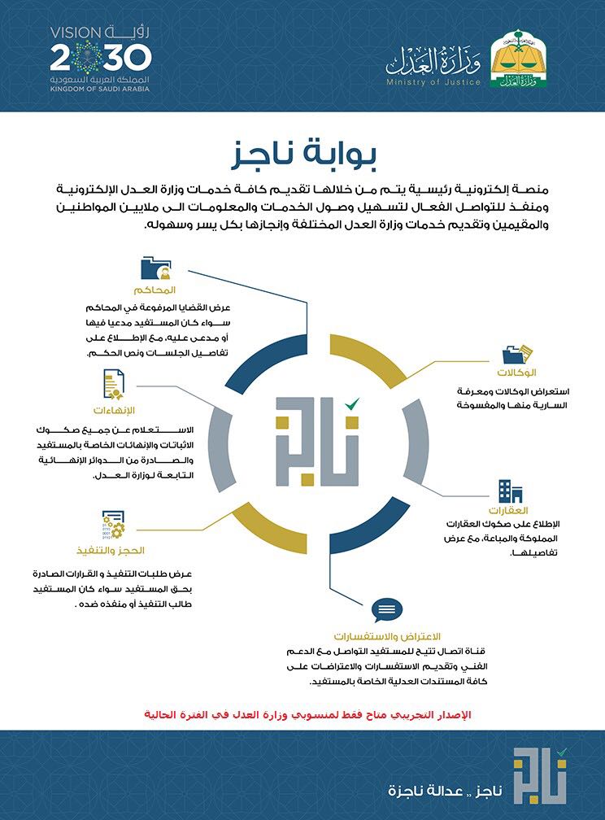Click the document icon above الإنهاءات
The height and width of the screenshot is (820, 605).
coord(113,383)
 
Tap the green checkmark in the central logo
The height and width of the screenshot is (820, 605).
coord(351,403)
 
